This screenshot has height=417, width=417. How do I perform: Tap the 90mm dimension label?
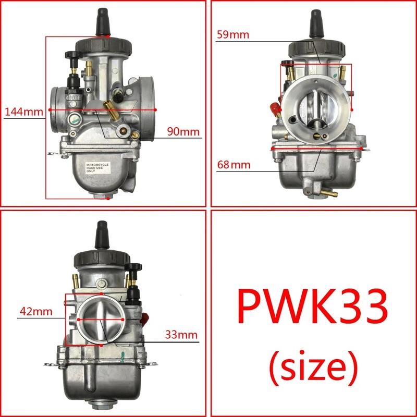[x=183, y=131]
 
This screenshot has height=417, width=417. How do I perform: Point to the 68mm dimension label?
[x=234, y=165]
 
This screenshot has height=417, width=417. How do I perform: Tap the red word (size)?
[x=313, y=367]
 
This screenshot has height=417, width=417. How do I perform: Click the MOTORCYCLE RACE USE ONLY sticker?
[x=99, y=169]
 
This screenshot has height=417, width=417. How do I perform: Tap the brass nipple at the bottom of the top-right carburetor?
[x=329, y=193]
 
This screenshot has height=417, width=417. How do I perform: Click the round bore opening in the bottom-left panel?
[x=100, y=318]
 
